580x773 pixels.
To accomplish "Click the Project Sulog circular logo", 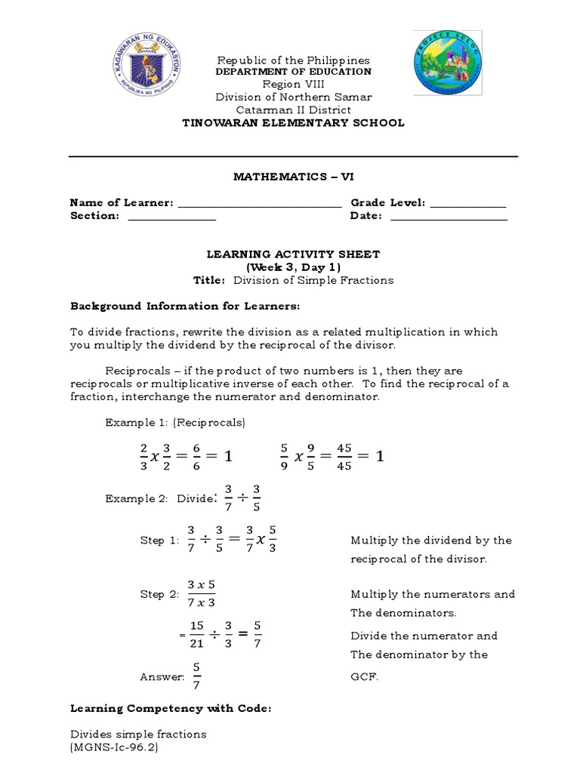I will point(448,64).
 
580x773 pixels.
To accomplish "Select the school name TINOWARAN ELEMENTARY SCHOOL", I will point(294,123).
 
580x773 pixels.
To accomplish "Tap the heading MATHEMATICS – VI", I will point(293,177).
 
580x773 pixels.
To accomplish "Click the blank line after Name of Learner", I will point(259,204).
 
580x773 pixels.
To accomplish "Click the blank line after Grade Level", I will point(467,204).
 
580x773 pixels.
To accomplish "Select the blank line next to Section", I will point(171,217).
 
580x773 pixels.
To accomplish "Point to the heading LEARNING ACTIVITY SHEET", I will point(293,255).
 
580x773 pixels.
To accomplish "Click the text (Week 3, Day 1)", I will point(293,267).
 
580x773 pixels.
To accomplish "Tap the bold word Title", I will point(209,280).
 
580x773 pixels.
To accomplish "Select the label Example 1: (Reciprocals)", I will point(175,423).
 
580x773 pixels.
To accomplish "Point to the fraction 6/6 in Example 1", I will point(196,456).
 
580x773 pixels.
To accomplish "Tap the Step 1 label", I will point(158,540).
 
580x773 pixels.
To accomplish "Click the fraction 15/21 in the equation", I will point(197,635).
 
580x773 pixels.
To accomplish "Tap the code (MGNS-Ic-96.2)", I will point(114,747).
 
